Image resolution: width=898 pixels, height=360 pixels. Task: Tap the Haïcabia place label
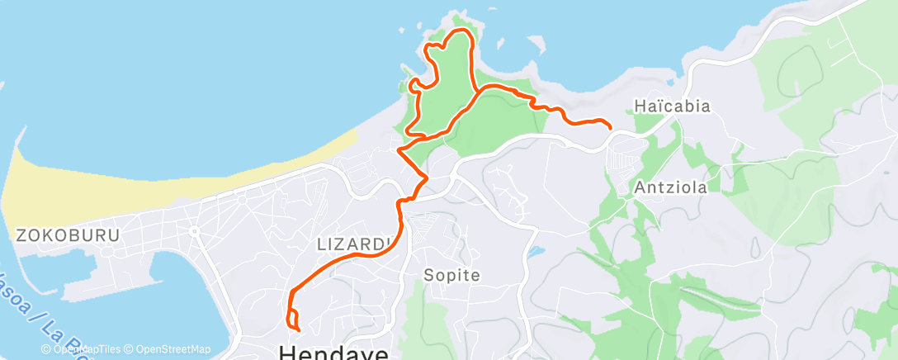pos(672,107)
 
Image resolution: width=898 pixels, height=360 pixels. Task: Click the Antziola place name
pos(671,187)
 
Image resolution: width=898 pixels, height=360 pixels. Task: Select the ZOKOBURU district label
pos(68,235)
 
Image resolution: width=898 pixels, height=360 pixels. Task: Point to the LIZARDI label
pos(353,244)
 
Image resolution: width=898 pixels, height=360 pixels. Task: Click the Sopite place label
pos(451,275)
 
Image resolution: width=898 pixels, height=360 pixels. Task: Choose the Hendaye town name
pos(334,352)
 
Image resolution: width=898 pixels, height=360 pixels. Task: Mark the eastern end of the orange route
pos(610,128)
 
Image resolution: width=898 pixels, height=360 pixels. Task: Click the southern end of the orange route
pos(298,331)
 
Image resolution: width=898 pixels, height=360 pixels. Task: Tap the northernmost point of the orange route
pos(461,31)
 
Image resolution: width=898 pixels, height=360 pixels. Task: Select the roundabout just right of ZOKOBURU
pos(195,231)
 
